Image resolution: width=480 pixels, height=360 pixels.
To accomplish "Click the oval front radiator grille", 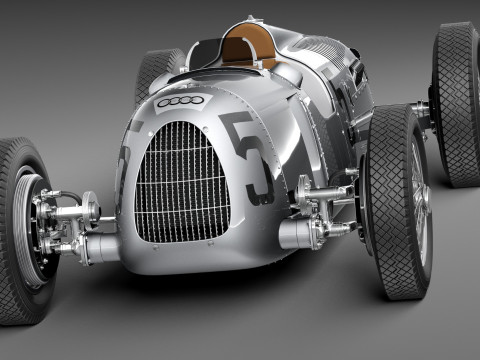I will (x=183, y=181).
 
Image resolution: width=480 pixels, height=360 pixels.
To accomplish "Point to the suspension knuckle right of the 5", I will (x=310, y=195).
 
